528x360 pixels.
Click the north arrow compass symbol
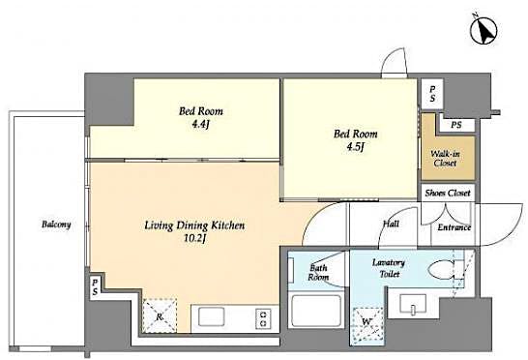click(483, 31)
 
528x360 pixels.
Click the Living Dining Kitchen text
click(188, 225)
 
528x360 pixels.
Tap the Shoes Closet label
click(447, 194)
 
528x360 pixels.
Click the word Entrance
click(455, 227)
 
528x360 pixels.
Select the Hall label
click(391, 224)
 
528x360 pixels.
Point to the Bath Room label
click(319, 272)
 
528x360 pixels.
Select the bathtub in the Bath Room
click(315, 311)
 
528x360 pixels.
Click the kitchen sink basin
click(209, 316)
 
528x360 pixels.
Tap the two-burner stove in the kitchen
click(261, 316)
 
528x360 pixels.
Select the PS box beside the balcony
click(95, 285)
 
